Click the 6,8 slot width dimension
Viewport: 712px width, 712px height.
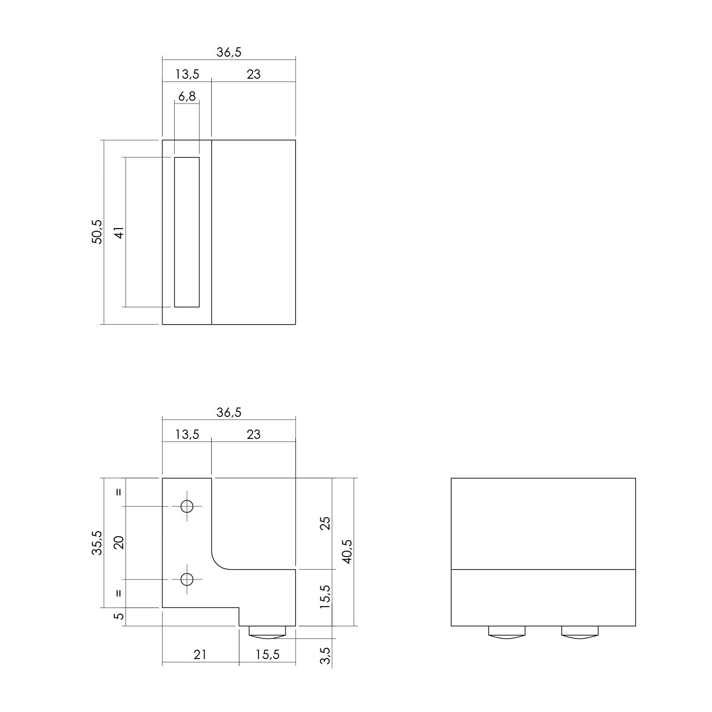point(187,96)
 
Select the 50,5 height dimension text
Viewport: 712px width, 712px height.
point(96,231)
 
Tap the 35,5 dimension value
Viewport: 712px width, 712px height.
point(96,542)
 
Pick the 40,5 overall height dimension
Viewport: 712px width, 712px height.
point(347,551)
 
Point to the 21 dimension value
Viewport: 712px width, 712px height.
point(200,654)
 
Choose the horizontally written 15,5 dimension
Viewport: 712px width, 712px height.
point(267,654)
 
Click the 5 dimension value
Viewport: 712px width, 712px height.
point(119,616)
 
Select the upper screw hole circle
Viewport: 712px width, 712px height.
point(187,506)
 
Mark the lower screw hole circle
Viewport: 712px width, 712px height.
point(187,579)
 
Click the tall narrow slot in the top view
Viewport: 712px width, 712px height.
point(187,232)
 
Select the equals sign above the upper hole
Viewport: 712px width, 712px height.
point(119,492)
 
